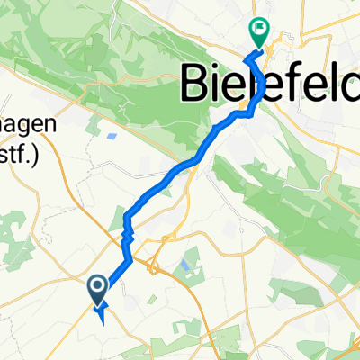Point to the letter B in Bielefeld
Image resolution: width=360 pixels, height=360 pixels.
click(x=199, y=84)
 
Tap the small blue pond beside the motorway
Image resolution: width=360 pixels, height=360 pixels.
click(x=185, y=266)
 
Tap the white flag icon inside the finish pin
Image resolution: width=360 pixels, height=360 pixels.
click(x=259, y=28)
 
